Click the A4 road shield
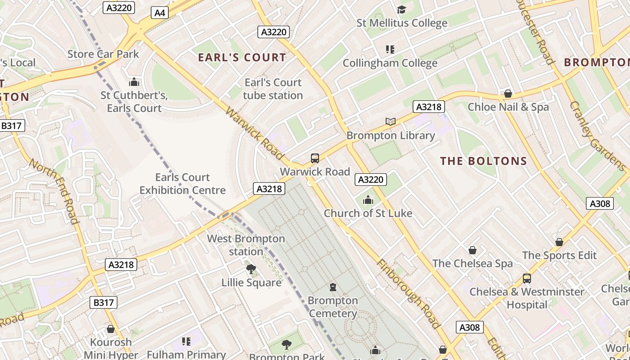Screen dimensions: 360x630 [160, 13]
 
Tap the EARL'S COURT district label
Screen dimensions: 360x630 [242, 58]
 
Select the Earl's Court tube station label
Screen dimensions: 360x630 [273, 89]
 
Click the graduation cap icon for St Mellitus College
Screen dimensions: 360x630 [401, 9]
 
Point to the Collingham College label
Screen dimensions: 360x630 [390, 63]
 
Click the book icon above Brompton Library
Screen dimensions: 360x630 [391, 121]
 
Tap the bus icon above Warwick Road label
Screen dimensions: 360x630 [315, 158]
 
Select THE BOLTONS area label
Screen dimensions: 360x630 [483, 161]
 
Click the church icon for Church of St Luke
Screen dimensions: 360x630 [368, 200]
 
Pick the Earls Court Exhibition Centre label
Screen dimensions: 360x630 [182, 184]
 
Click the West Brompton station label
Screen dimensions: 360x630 [246, 245]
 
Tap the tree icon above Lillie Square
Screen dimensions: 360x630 [251, 269]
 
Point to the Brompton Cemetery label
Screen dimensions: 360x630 [333, 307]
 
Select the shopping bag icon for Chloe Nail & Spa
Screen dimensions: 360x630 [508, 94]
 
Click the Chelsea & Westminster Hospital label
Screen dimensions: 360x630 [526, 298]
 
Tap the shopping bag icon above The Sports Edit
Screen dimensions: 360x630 [559, 242]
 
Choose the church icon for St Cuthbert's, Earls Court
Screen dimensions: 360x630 [134, 82]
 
